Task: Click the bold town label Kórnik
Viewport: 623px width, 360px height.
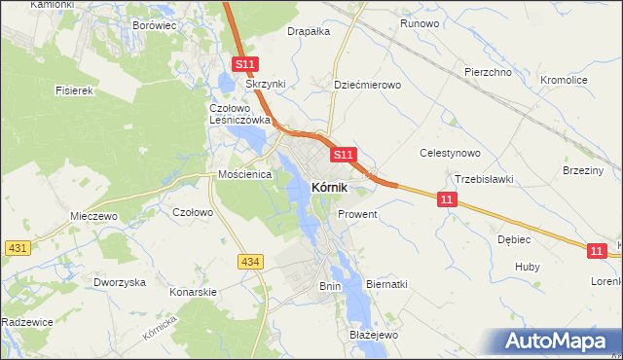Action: pos(331,187)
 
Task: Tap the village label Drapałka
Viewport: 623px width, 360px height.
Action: pos(309,31)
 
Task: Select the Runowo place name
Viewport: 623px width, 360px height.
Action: pos(420,23)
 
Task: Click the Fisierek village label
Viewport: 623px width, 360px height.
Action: pos(73,90)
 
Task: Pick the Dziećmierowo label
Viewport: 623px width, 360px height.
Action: pos(367,85)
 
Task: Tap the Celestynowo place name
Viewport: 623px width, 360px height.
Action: pos(450,153)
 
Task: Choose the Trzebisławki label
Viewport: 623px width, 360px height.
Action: pos(484,179)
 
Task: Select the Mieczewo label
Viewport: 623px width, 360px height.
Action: pos(93,216)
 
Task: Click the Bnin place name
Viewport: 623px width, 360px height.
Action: pos(330,286)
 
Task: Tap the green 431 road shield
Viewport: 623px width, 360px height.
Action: pos(16,248)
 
